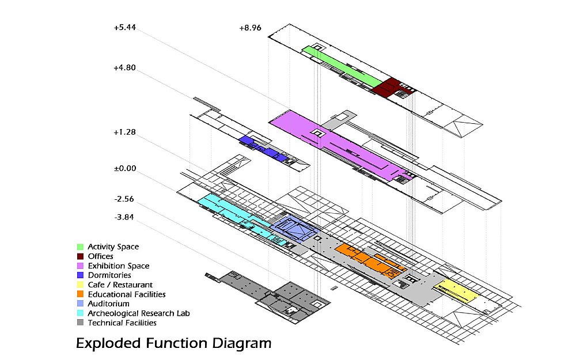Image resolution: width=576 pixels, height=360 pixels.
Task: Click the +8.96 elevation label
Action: [x=250, y=28]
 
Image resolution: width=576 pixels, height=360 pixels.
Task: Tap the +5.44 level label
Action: [x=125, y=28]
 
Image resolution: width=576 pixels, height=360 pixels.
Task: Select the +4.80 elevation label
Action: [x=124, y=67]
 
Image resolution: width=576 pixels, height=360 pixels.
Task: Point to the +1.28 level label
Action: [x=124, y=132]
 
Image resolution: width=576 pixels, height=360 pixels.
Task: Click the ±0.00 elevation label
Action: [x=125, y=169]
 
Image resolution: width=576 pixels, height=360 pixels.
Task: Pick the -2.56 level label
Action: [x=124, y=199]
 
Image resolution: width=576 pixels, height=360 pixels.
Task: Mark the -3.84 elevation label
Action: [x=124, y=218]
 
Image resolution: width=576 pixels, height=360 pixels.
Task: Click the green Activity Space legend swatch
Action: [x=81, y=247]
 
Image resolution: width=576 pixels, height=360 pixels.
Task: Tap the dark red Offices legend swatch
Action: [x=81, y=256]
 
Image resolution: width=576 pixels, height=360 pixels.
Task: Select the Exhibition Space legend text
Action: [x=119, y=266]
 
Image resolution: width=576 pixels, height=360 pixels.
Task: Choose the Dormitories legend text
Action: [x=109, y=275]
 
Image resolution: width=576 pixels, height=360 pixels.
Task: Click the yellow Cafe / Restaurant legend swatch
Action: [x=81, y=285]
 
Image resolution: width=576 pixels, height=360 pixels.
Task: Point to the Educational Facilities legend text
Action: [x=127, y=294]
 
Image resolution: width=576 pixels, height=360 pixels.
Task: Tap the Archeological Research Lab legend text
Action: [x=139, y=313]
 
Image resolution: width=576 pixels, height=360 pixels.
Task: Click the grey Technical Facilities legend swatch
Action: [x=81, y=323]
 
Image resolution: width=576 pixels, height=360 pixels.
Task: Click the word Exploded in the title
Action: [x=108, y=343]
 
